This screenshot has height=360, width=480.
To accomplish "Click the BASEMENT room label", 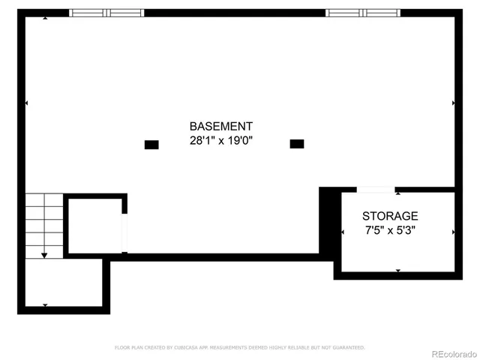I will pyautogui.click(x=220, y=127).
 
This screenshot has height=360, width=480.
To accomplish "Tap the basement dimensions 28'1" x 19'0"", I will pyautogui.click(x=220, y=140).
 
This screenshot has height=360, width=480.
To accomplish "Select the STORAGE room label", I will pyautogui.click(x=390, y=216).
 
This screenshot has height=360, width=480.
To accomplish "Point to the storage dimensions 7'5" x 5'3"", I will pyautogui.click(x=390, y=230).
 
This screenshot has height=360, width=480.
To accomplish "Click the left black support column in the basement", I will pyautogui.click(x=151, y=144).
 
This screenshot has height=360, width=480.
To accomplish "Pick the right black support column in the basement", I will pyautogui.click(x=297, y=143).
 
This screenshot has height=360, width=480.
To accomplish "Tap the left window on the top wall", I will pyautogui.click(x=106, y=13).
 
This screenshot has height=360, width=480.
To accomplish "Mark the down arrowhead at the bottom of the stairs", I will pyautogui.click(x=44, y=256).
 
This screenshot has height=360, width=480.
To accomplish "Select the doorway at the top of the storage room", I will pyautogui.click(x=375, y=189).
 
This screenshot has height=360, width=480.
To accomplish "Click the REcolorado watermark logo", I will pyautogui.click(x=447, y=352).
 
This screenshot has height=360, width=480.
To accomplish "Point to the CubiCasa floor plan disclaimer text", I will pyautogui.click(x=240, y=347).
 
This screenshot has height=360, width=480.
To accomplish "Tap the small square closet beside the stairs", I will pyautogui.click(x=94, y=225).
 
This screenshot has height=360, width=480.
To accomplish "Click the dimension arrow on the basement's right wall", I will pyautogui.click(x=453, y=103).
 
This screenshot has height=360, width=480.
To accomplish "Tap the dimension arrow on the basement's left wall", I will pyautogui.click(x=27, y=103).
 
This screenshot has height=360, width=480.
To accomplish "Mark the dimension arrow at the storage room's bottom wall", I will pyautogui.click(x=397, y=271).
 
